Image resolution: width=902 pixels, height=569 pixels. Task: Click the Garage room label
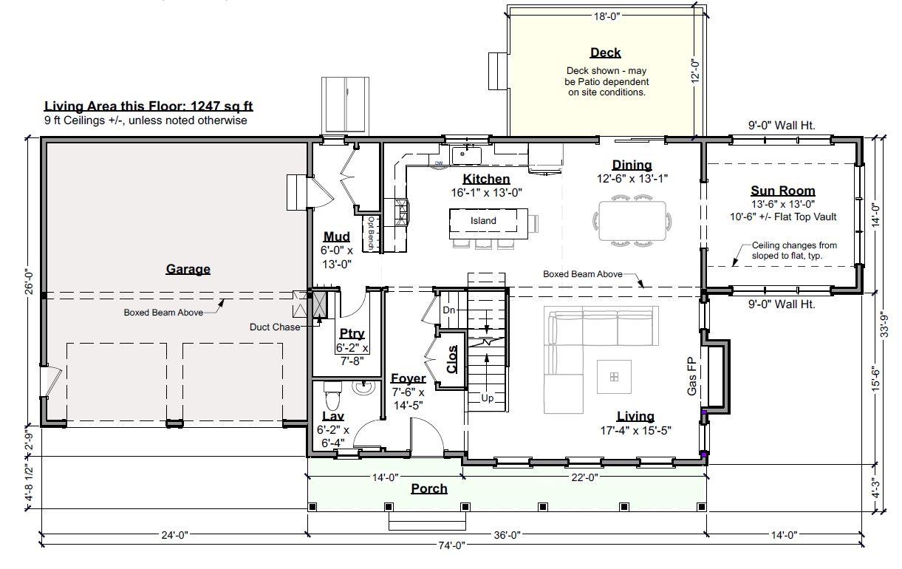pos(188,269)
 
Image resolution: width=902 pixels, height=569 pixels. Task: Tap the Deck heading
pos(605,52)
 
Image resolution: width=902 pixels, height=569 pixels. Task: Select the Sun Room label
pos(783,191)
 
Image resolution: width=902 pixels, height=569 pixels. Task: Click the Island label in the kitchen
pos(483,221)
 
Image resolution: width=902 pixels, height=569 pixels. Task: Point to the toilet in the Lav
pos(332,395)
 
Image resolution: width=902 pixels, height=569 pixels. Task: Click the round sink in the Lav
pos(364,387)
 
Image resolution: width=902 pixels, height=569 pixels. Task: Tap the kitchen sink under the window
pos(466,155)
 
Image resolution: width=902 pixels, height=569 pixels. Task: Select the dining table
pos(632,221)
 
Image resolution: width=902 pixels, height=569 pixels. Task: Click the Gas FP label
pos(691,376)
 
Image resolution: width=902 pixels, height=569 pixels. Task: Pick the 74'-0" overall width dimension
pos(451,545)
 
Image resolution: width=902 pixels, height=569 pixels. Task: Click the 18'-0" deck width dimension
pos(607,16)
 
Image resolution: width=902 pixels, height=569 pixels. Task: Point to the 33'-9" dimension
pos(884,324)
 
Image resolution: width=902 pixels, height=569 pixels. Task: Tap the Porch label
pos(429,488)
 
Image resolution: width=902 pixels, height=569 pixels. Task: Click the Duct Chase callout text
pos(275,327)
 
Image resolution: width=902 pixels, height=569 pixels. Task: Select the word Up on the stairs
pos(488,398)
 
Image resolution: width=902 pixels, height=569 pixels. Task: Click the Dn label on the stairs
pos(449,310)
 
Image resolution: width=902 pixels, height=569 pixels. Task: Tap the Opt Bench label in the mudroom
pos(372,234)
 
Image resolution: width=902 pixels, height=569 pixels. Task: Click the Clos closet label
pos(452,359)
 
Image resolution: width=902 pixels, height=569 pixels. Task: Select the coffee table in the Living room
pos(614,377)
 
